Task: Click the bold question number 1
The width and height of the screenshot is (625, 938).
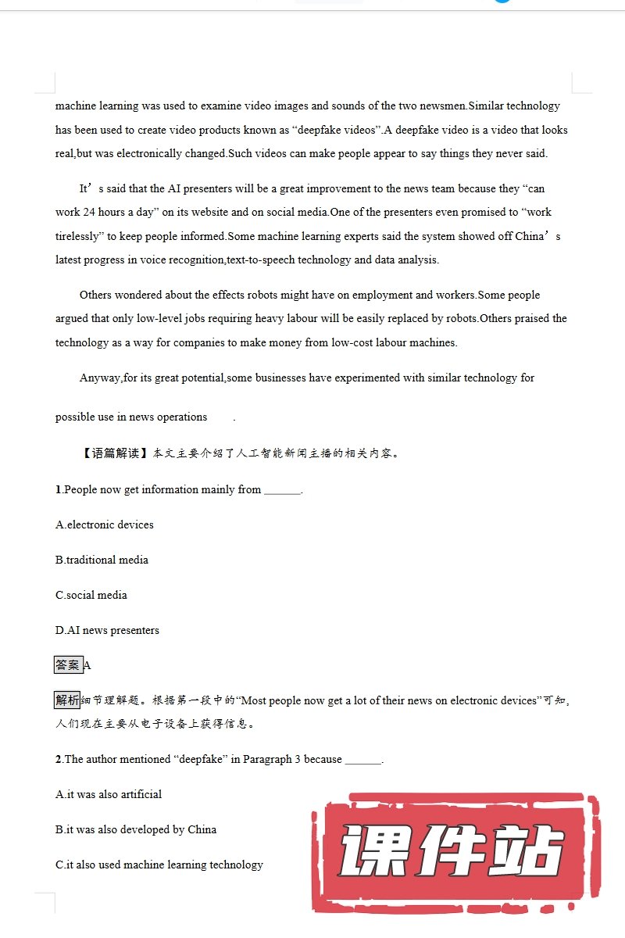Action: pos(59,489)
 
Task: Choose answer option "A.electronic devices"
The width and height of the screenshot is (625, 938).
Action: pos(105,524)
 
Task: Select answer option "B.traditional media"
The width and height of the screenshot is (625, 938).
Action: pos(102,560)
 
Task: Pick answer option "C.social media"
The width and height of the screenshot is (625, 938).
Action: pos(91,595)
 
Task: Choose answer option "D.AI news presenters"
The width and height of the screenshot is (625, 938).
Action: pos(107,630)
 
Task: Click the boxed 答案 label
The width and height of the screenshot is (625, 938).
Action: pos(68,665)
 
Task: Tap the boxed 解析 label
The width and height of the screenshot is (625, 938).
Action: pos(67,700)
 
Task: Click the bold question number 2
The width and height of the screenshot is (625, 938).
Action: pos(59,759)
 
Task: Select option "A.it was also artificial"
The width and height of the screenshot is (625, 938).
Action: pos(109,794)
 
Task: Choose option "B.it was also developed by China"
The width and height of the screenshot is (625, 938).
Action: pos(136,829)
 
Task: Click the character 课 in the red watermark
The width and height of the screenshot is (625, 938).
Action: pos(376,852)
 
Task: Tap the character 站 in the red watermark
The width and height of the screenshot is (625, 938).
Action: pos(531,852)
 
